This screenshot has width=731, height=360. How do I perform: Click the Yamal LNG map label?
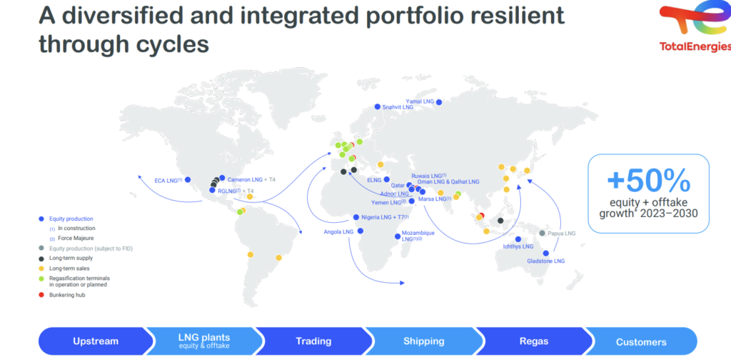[420, 101]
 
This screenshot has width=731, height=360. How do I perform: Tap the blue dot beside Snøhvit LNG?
[378, 107]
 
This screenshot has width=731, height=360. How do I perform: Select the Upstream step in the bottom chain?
[96, 341]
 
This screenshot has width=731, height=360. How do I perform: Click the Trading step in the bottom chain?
[314, 341]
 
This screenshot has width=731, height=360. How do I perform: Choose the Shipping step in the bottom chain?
[424, 341]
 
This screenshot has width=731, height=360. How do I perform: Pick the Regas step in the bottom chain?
[534, 341]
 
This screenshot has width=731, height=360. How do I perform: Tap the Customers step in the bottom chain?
[641, 342]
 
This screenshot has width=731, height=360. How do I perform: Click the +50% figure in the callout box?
[648, 181]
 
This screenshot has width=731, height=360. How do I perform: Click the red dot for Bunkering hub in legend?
[41, 295]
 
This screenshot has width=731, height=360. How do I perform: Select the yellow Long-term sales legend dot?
[41, 268]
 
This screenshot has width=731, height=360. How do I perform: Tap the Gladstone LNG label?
[546, 261]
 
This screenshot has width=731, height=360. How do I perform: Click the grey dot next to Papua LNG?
[543, 233]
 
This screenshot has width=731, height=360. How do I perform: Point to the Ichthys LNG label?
[518, 246]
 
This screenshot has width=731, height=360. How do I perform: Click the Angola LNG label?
[339, 231]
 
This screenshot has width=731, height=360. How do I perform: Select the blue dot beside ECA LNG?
[188, 179]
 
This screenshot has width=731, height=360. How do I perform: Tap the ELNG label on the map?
[374, 179]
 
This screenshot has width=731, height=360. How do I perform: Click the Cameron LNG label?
[244, 179]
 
